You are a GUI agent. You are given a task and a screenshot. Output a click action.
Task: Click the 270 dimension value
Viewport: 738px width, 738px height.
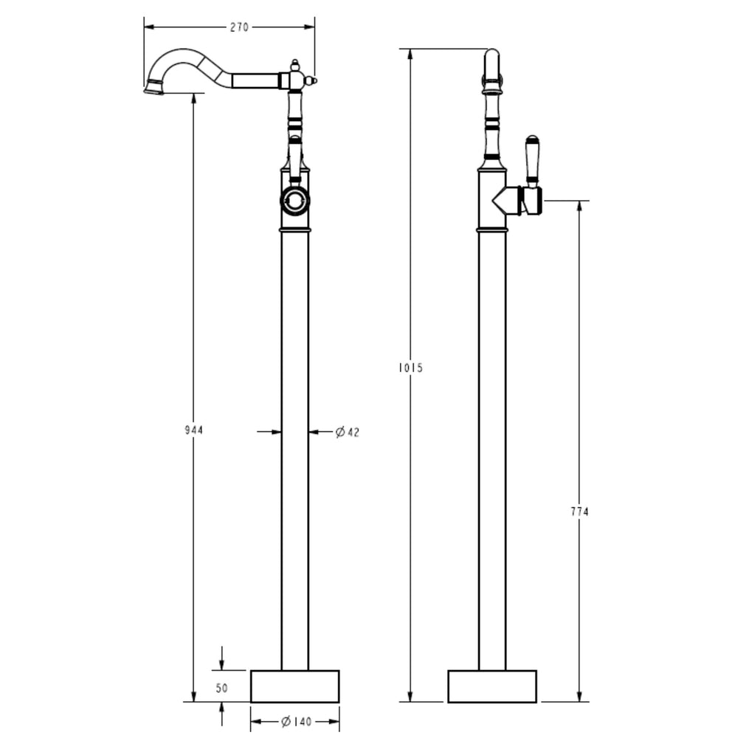[x=239, y=27]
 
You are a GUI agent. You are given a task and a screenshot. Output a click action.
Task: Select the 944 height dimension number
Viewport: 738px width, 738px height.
[x=193, y=430]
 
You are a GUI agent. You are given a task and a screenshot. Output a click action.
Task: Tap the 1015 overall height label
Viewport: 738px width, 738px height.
[x=410, y=368]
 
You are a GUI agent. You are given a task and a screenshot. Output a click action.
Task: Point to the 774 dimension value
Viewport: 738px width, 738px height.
[x=579, y=511]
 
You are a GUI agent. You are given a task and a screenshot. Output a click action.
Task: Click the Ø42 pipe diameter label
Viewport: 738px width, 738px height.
[x=348, y=432]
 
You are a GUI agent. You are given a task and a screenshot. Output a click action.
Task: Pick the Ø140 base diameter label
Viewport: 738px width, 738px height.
[x=296, y=722]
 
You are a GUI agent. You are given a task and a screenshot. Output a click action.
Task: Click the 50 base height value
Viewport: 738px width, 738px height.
[x=221, y=688]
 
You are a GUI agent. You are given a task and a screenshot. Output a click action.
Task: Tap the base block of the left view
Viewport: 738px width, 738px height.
[x=294, y=686]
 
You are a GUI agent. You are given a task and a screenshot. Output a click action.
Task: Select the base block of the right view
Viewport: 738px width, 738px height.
[x=492, y=686]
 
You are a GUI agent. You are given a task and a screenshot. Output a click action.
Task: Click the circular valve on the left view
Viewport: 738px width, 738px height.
[x=295, y=201]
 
